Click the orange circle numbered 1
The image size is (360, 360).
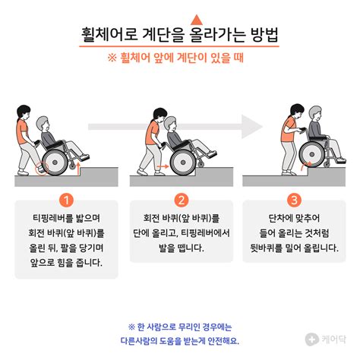click(x=67, y=201)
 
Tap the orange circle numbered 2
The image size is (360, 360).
click(x=181, y=201)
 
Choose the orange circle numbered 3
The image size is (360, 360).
click(x=293, y=201)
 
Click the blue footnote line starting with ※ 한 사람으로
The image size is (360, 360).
click(x=179, y=326)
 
